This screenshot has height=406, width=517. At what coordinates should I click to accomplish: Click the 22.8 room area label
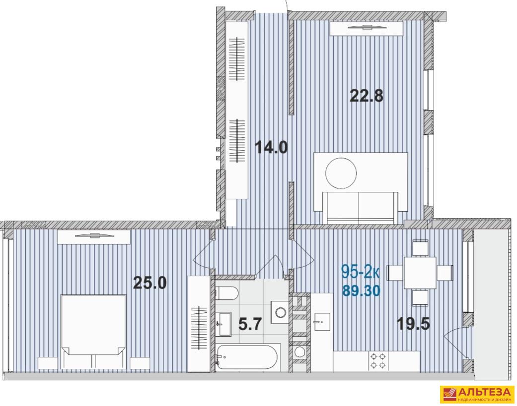(367, 96)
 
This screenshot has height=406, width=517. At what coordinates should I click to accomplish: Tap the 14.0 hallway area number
(271, 147)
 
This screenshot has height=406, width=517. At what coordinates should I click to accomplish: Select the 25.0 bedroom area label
(149, 283)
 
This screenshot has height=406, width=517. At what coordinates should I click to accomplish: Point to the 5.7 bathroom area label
(250, 324)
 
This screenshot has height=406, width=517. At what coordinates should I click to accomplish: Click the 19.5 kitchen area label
(414, 324)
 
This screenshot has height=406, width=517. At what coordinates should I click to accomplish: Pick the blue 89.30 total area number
(362, 290)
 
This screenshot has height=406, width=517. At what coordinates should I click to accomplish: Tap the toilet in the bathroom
(226, 293)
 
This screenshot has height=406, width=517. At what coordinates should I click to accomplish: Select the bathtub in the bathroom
(247, 357)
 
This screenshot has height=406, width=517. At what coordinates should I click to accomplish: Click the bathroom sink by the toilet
(224, 324)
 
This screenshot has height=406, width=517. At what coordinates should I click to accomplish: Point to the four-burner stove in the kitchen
(378, 360)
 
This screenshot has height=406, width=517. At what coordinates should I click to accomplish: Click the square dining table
(420, 273)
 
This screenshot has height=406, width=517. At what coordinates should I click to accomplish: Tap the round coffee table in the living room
(341, 173)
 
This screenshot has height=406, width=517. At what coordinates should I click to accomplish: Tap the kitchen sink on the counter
(322, 322)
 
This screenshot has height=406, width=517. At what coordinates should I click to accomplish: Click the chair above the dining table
(420, 248)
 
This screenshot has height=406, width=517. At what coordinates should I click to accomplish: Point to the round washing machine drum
(299, 351)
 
